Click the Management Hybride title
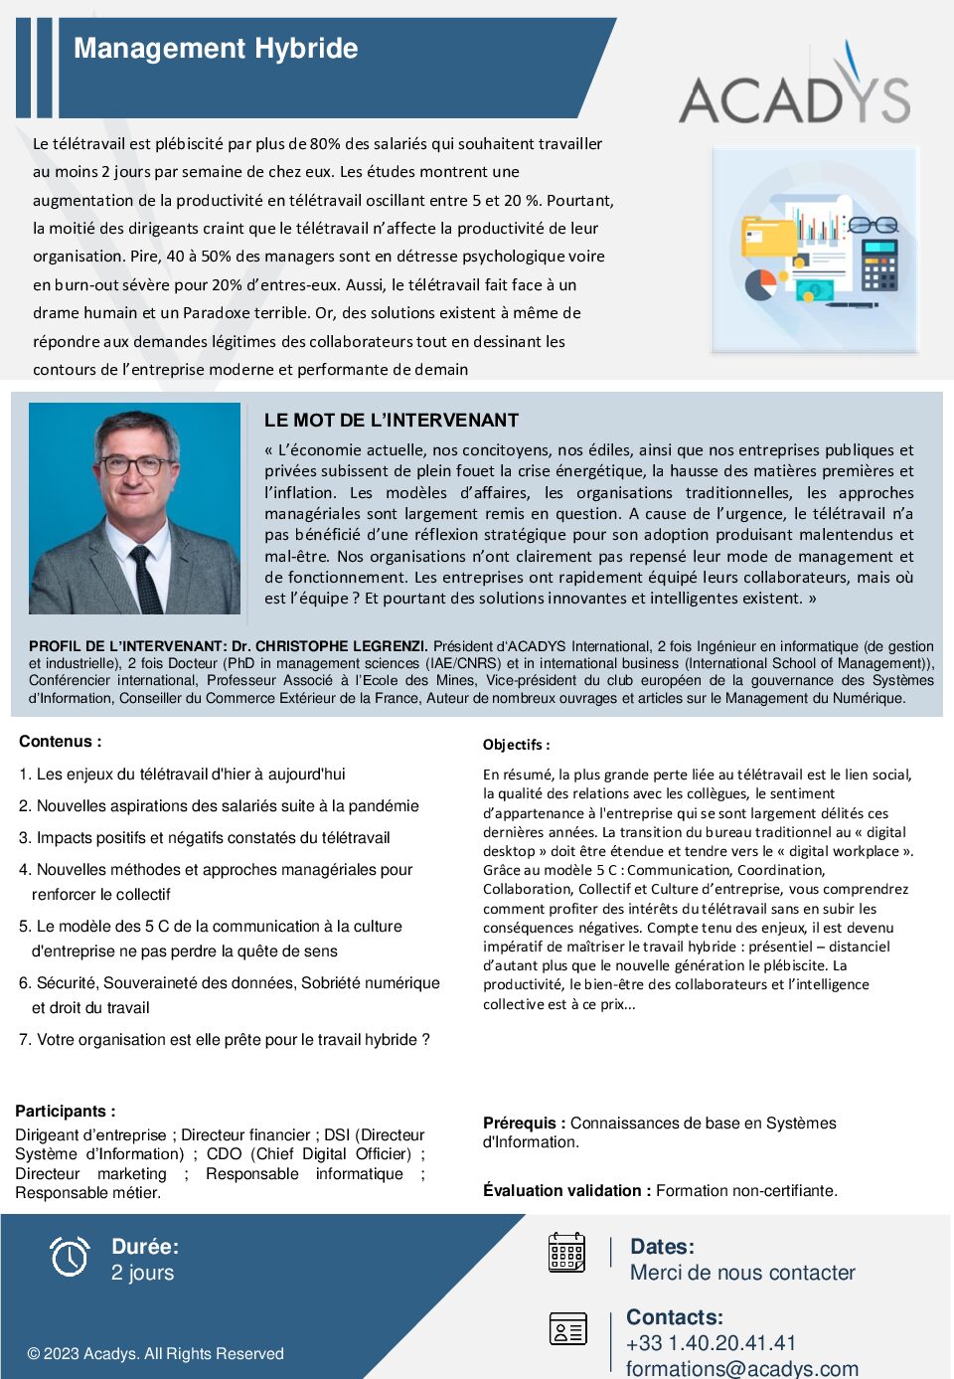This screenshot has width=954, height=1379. [216, 49]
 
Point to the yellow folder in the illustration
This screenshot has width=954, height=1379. [769, 236]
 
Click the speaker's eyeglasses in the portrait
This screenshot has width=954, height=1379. [136, 465]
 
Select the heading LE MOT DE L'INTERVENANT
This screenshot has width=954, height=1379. [392, 421]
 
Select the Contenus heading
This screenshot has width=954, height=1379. [60, 742]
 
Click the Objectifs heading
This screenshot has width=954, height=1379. [516, 745]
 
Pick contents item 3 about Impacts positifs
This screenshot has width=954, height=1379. [204, 838]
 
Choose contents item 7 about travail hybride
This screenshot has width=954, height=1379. [224, 1040]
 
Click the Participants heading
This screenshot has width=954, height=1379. [65, 1112]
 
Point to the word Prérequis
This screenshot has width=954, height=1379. [524, 1123]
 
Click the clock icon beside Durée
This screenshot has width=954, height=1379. [70, 1257]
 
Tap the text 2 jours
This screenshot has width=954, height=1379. [142, 1274]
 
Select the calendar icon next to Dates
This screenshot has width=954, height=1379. [566, 1252]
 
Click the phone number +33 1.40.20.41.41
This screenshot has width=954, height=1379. [711, 1343]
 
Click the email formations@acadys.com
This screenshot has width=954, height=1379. [741, 1368]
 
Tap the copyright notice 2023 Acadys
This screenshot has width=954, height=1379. [155, 1354]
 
